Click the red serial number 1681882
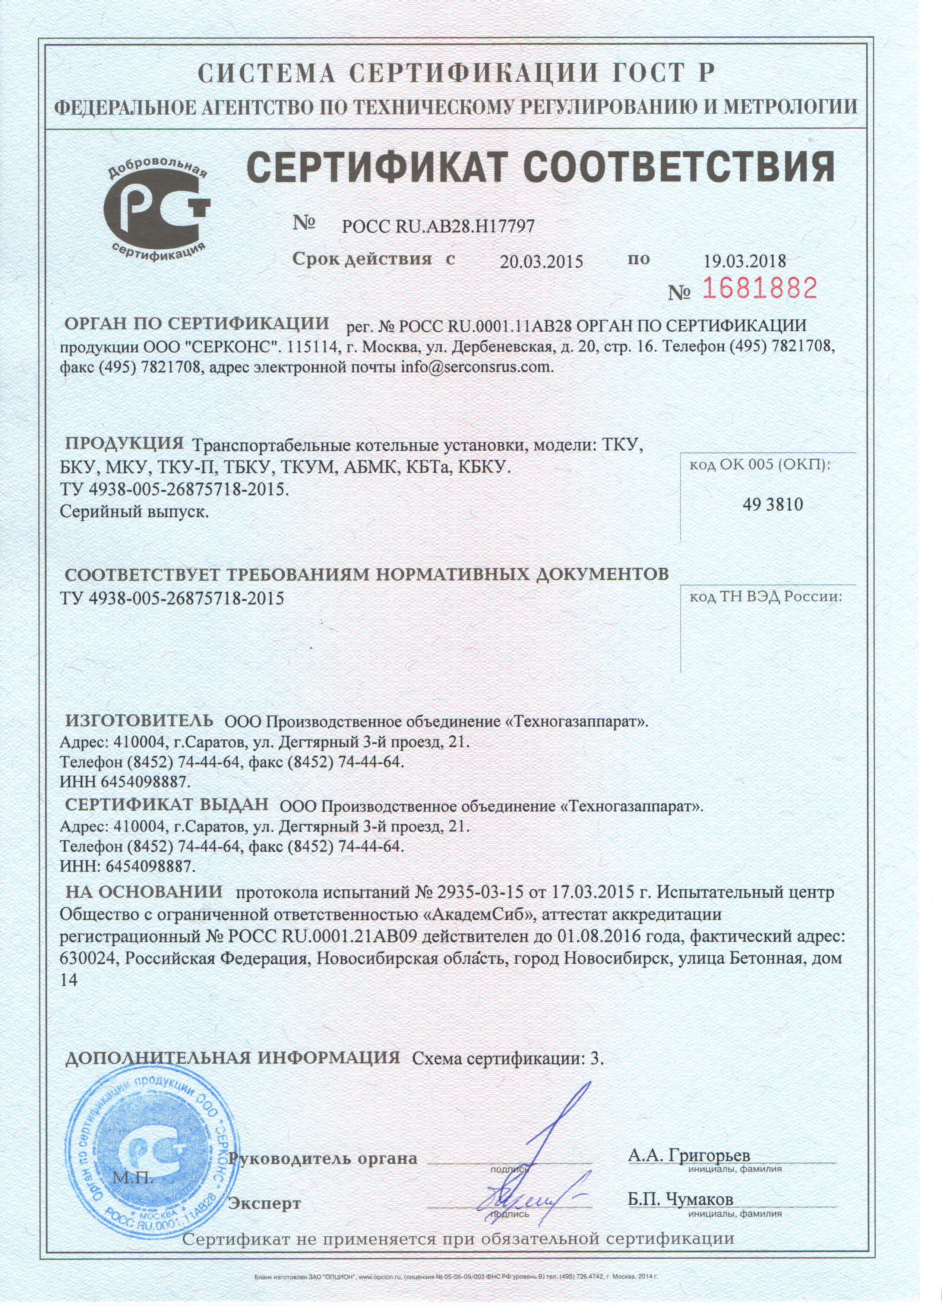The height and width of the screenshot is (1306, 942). click(759, 288)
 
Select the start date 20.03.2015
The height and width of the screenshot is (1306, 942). click(541, 262)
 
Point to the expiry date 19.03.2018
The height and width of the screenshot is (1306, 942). click(745, 261)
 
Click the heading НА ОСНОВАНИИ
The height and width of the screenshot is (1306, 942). click(144, 892)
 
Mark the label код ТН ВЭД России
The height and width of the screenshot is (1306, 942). click(766, 597)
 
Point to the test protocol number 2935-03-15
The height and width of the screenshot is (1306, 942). click(480, 893)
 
